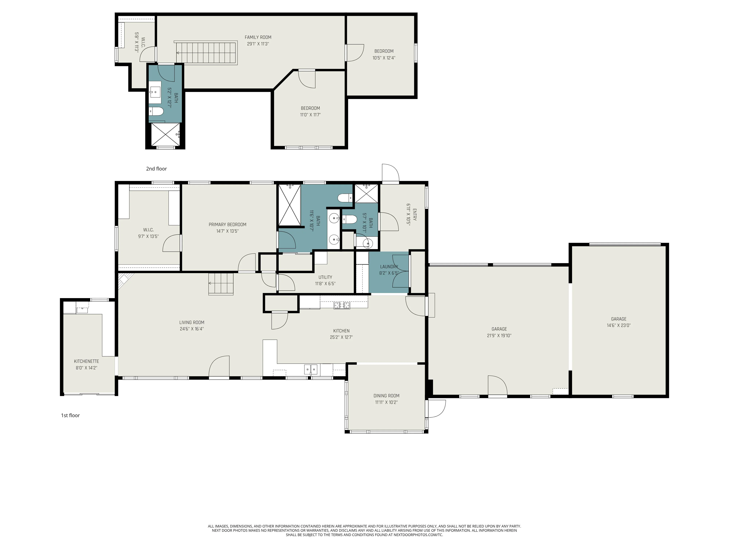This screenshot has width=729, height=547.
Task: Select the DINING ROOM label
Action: click(x=386, y=396)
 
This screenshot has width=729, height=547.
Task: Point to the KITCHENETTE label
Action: click(x=86, y=361)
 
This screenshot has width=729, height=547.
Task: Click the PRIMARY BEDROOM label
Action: click(x=227, y=224)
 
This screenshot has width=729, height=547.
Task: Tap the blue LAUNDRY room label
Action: click(x=389, y=266)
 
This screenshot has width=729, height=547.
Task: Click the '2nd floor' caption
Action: click(x=157, y=169)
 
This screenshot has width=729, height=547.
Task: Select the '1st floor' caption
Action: click(x=70, y=415)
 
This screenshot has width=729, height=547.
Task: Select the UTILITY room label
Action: click(x=325, y=277)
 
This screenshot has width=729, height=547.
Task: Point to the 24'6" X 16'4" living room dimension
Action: click(x=192, y=329)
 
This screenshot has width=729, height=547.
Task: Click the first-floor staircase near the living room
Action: click(x=221, y=284)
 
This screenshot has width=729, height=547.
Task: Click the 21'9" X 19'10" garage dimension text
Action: click(x=499, y=336)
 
